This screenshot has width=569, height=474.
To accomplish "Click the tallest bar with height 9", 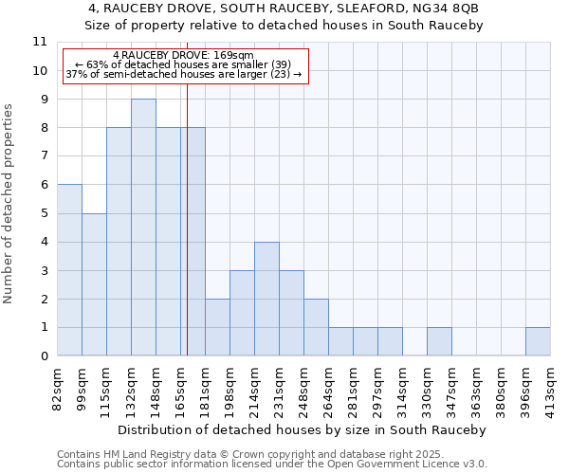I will tap(143, 228).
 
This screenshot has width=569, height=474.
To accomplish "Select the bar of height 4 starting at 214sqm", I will tap(266, 299).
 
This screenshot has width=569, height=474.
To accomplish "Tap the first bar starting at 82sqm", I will tap(69, 270).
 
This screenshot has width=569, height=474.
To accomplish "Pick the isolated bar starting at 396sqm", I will tap(538, 341).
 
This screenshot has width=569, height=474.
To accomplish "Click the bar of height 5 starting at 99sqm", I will tap(94, 284).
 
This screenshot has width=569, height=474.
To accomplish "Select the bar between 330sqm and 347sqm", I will tap(439, 341).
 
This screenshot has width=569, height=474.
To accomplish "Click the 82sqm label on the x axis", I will tap(58, 385).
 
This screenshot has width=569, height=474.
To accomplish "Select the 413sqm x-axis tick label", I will tap(551, 387).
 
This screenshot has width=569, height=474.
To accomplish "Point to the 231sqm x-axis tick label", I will tap(280, 387).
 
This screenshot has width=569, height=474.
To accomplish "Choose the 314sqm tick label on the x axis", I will tap(403, 387).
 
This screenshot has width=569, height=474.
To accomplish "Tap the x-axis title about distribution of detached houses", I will tap(303, 429).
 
